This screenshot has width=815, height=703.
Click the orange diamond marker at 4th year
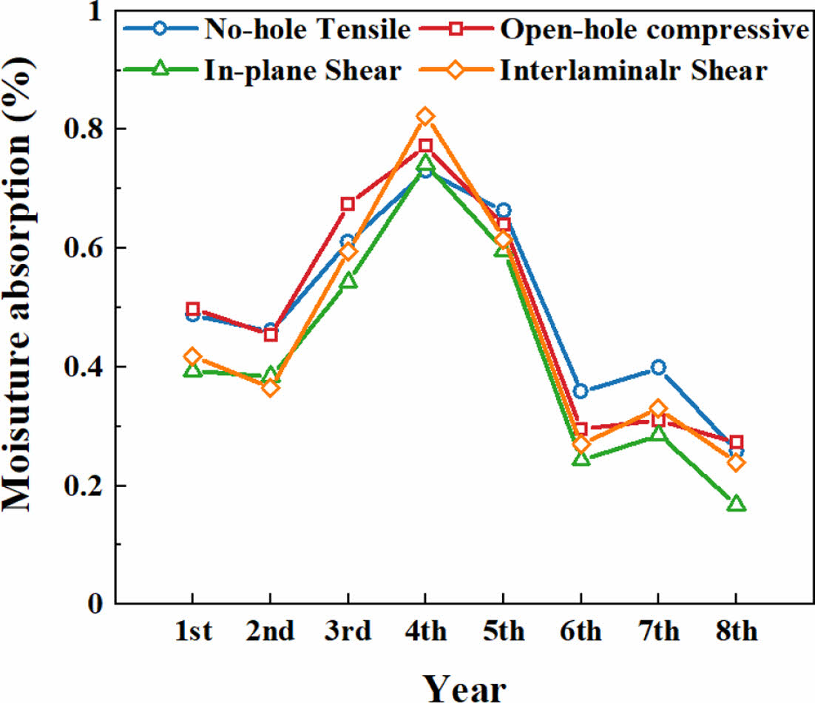[x=425, y=117]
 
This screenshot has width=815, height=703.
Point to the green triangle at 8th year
[x=736, y=504]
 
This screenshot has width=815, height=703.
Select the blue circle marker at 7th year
[x=658, y=367]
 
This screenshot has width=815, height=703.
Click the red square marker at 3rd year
[x=347, y=204]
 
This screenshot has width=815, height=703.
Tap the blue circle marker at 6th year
[x=581, y=391]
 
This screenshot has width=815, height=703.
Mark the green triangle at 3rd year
[x=347, y=281]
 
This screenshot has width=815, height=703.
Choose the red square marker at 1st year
[x=192, y=309]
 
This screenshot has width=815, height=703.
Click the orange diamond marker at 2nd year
[x=270, y=387]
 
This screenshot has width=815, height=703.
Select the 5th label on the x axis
[x=503, y=632]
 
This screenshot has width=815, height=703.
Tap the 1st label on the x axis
[x=192, y=632]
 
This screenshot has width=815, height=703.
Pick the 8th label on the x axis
[x=736, y=632]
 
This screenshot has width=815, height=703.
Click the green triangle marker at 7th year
[x=658, y=434]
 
